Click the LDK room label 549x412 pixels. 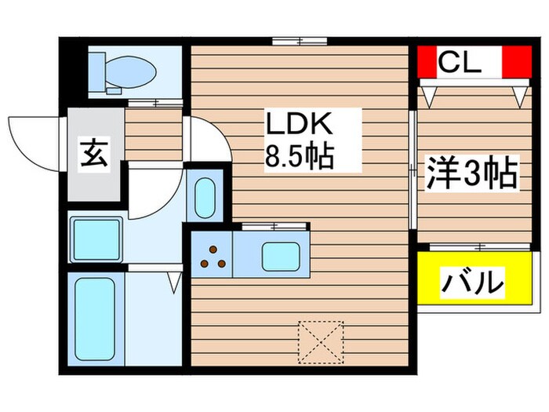(x=300, y=126)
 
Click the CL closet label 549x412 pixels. (x=459, y=63)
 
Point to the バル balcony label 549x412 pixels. (x=472, y=281)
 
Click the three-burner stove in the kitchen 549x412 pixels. (x=212, y=255)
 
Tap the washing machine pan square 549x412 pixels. (x=95, y=239)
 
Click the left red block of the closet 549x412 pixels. (x=427, y=63)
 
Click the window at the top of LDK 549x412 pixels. (x=300, y=40)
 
